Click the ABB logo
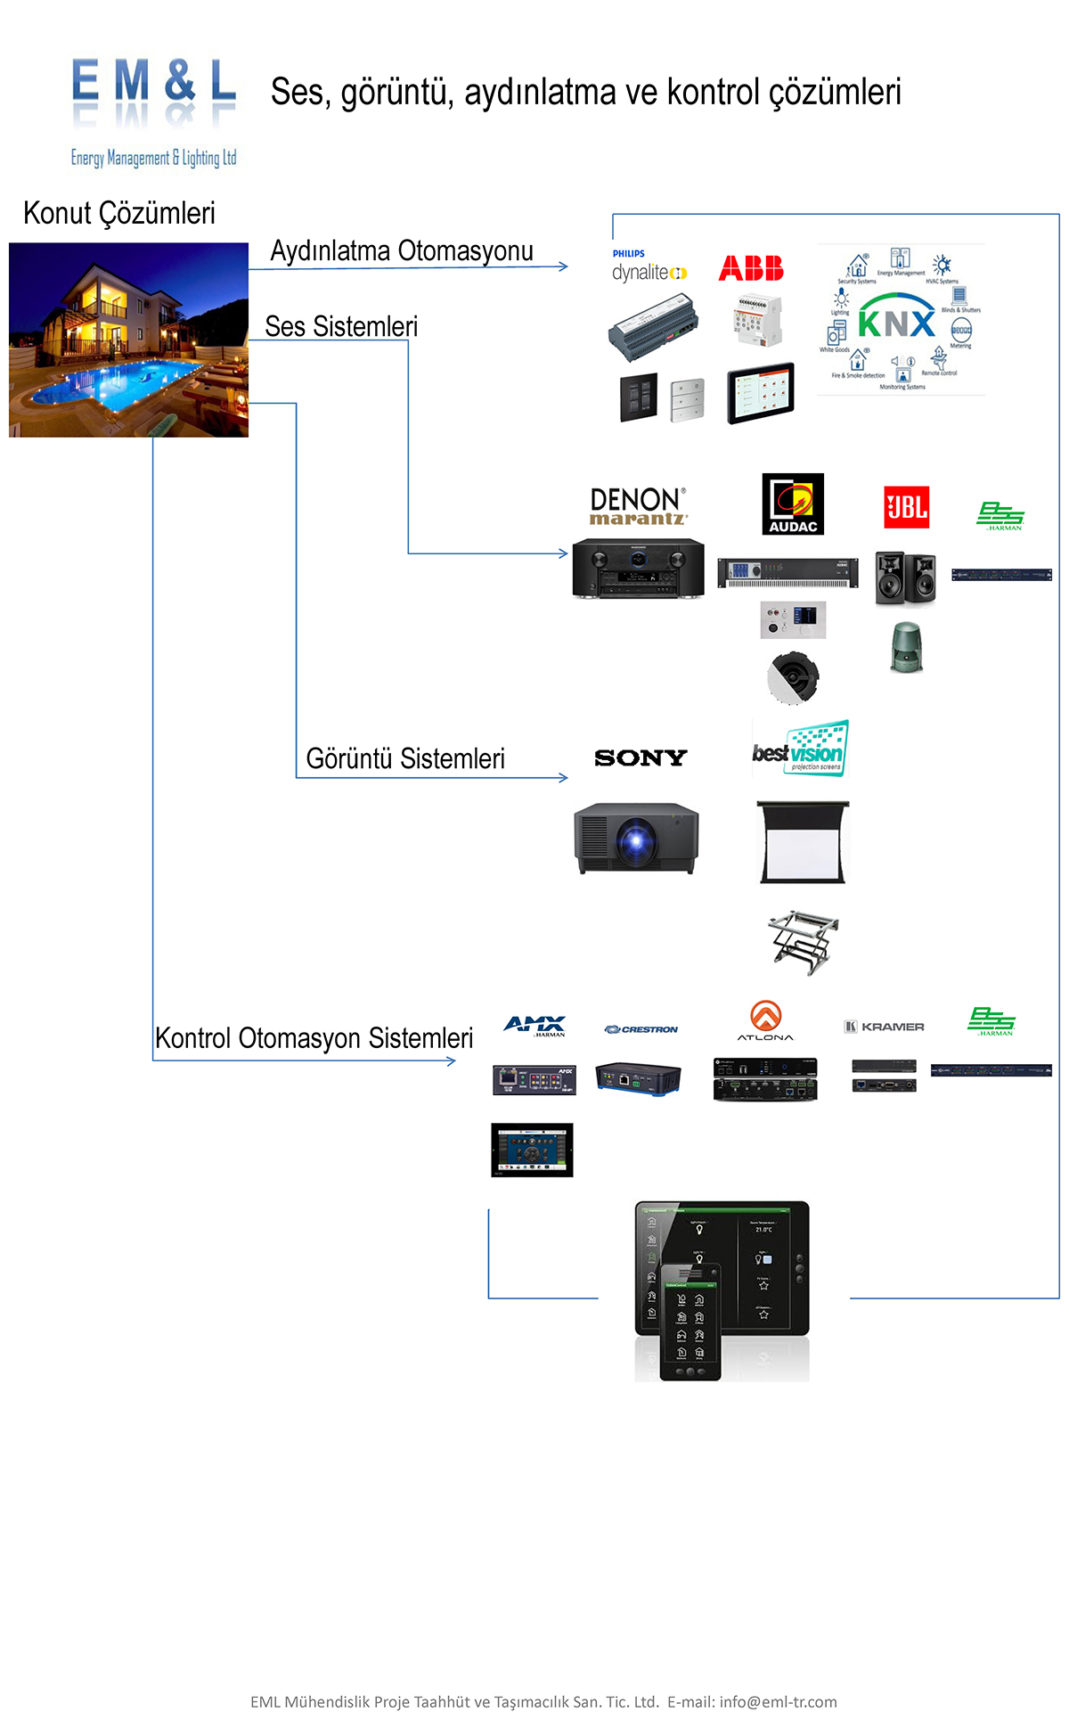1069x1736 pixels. pos(751,268)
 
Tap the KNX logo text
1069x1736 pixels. pos(896,323)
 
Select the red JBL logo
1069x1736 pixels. pos(906,507)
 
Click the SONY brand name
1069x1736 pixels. pos(641,757)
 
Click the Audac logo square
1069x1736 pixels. pos(793,504)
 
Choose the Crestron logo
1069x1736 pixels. pos(641,1029)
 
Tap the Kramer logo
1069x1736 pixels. pos(885,1027)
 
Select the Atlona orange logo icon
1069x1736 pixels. pos(765,1015)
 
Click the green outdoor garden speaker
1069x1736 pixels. pos(907,647)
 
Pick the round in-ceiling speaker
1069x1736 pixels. pos(792,677)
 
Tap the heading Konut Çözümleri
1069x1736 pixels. pos(119,214)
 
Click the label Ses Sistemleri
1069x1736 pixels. pos(341,327)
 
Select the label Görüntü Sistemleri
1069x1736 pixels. pos(405,759)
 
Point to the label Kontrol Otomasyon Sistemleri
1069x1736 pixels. pos(314,1039)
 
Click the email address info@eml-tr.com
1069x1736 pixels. pos(778,1702)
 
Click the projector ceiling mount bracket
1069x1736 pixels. pos(802,941)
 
